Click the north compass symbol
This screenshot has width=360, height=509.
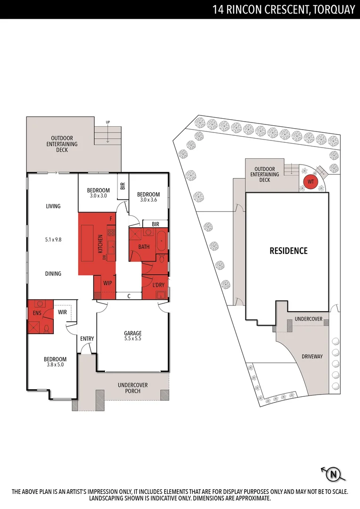click(334, 474)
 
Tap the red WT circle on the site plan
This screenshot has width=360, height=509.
click(311, 182)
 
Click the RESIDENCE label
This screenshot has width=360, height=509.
click(288, 251)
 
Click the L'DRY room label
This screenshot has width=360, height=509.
click(158, 285)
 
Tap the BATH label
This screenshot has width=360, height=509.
click(144, 246)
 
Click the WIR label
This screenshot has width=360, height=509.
click(63, 312)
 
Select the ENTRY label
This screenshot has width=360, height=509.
click(87, 338)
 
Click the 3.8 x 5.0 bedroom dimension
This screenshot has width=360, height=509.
click(55, 364)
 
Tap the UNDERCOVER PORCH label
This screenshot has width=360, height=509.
click(132, 388)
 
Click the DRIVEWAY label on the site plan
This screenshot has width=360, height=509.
click(312, 356)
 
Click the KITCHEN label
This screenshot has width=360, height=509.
click(100, 244)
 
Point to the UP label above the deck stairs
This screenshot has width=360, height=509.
click(108, 123)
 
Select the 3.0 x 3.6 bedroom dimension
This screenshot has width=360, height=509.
click(148, 200)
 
